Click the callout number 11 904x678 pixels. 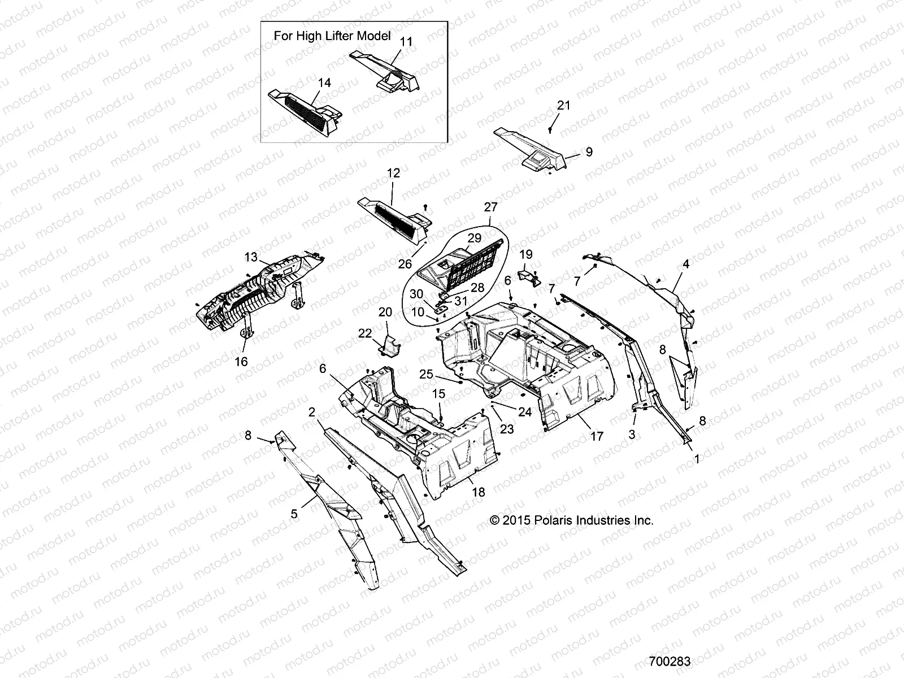point(406,42)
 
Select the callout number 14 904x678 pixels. point(324,82)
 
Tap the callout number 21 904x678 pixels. point(564,105)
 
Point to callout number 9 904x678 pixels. point(589,152)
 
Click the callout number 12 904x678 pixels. point(393,173)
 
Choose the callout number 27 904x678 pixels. point(490,207)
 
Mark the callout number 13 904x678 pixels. point(251,257)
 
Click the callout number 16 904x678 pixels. point(241,361)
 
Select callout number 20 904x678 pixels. point(385,312)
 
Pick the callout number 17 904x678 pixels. point(597,436)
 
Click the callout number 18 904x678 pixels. point(478,492)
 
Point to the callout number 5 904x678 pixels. point(294,514)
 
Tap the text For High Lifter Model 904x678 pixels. point(332,36)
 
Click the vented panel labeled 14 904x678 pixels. point(305,107)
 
